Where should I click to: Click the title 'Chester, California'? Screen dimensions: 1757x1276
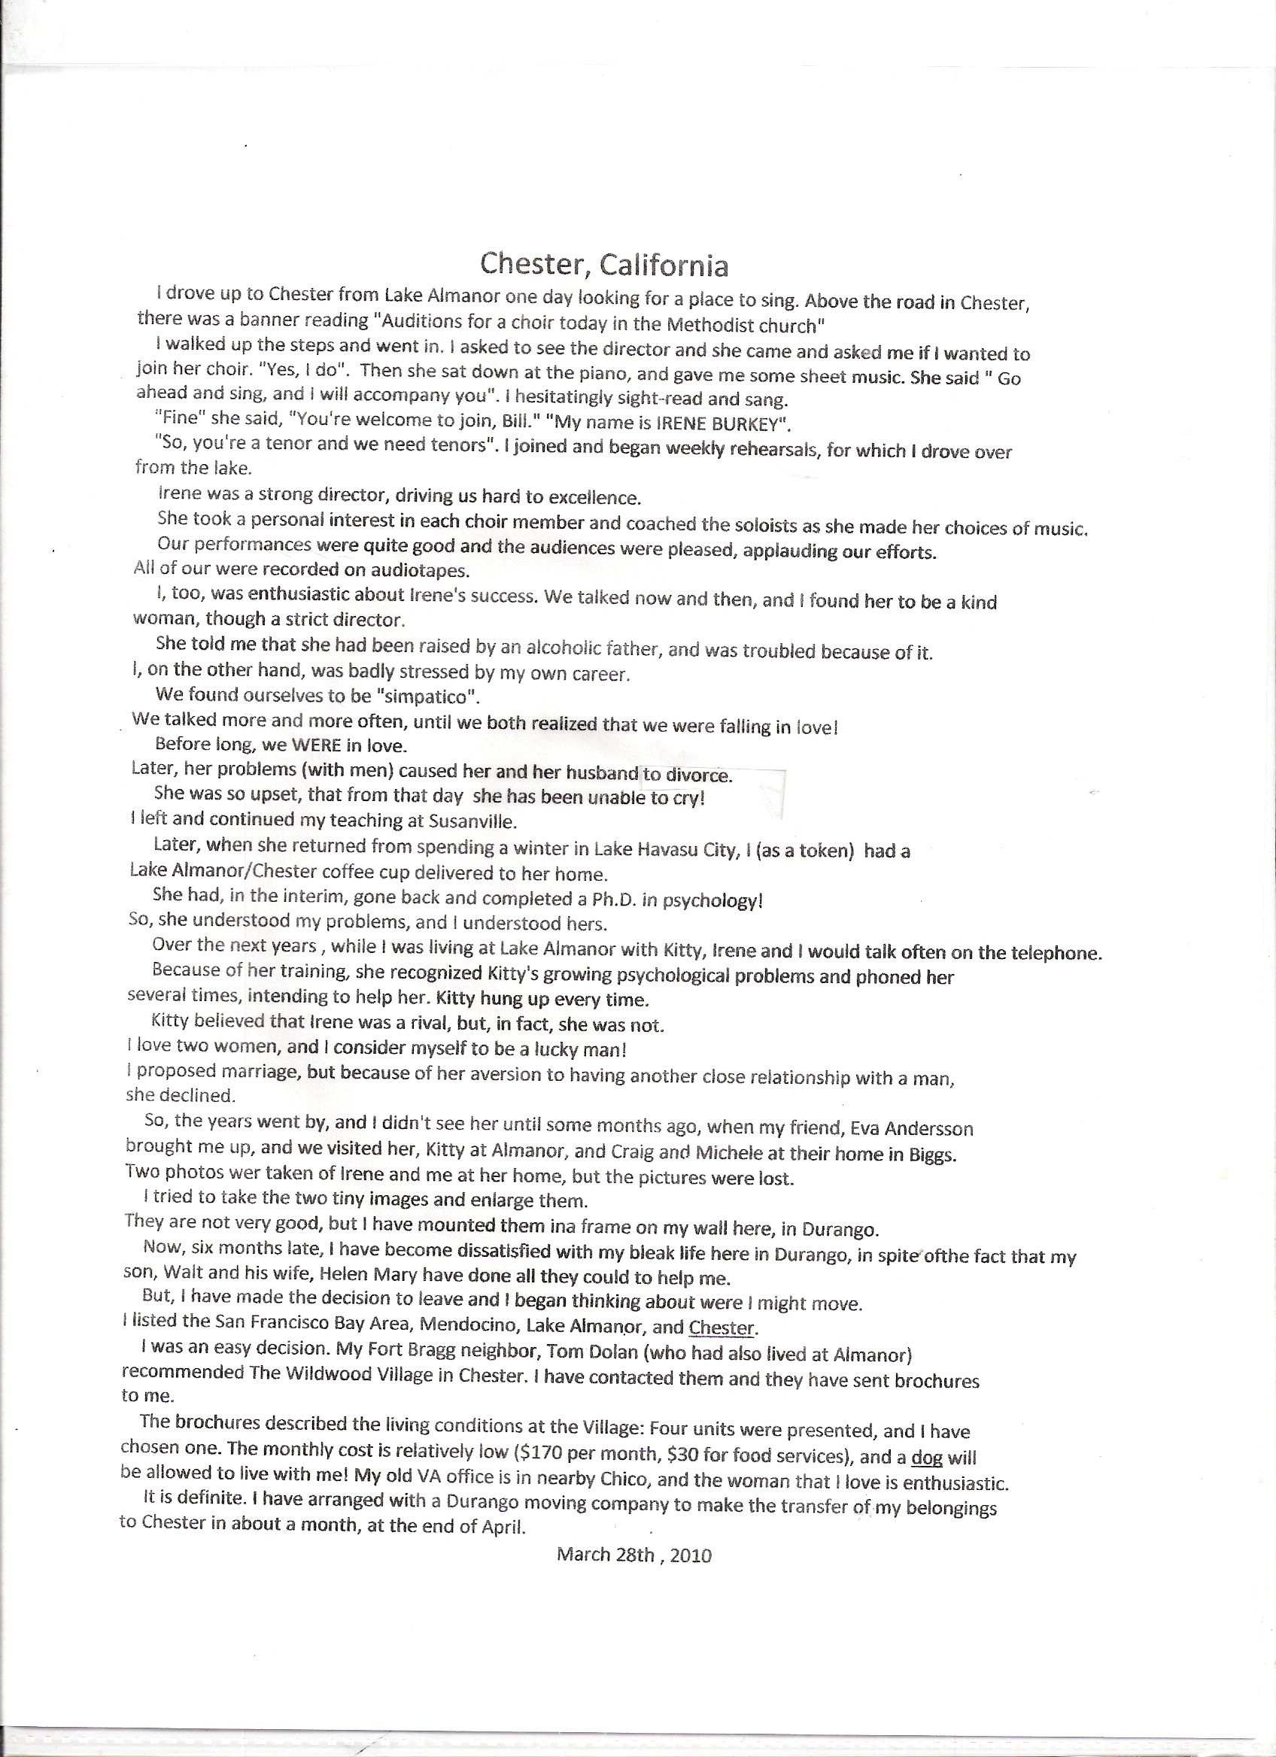603,265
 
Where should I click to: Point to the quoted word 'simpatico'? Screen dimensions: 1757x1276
422,696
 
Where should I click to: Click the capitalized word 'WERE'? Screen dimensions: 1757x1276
317,745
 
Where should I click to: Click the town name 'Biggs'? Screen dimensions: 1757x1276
932,1155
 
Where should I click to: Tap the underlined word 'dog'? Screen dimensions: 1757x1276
927,1457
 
